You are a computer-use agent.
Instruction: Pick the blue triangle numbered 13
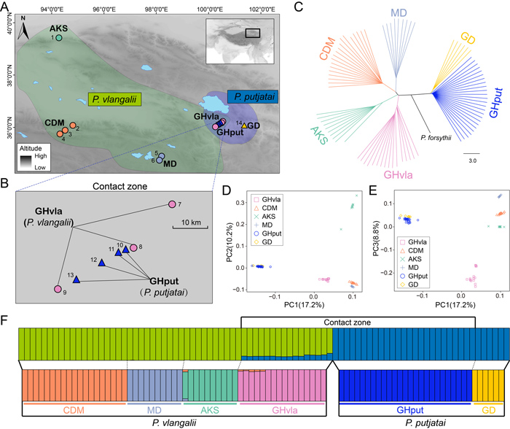(76, 278)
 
